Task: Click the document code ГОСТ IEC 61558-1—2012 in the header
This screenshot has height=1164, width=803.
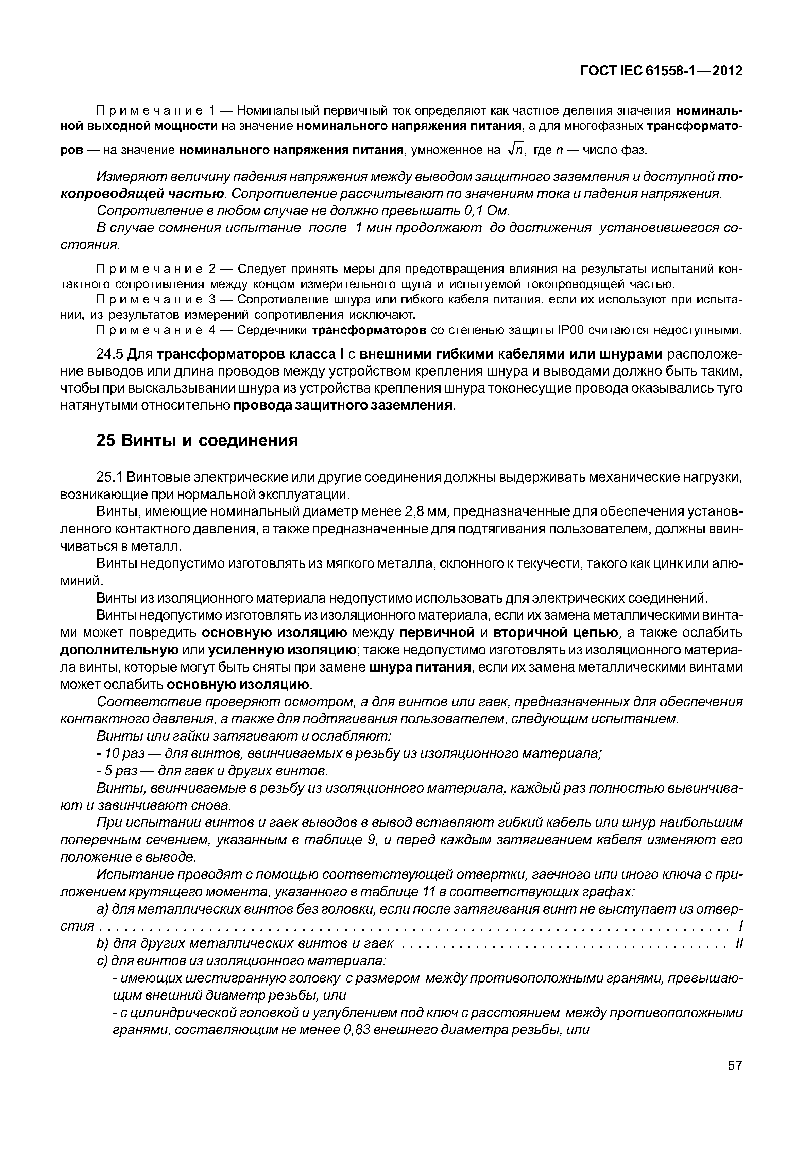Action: tap(662, 71)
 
